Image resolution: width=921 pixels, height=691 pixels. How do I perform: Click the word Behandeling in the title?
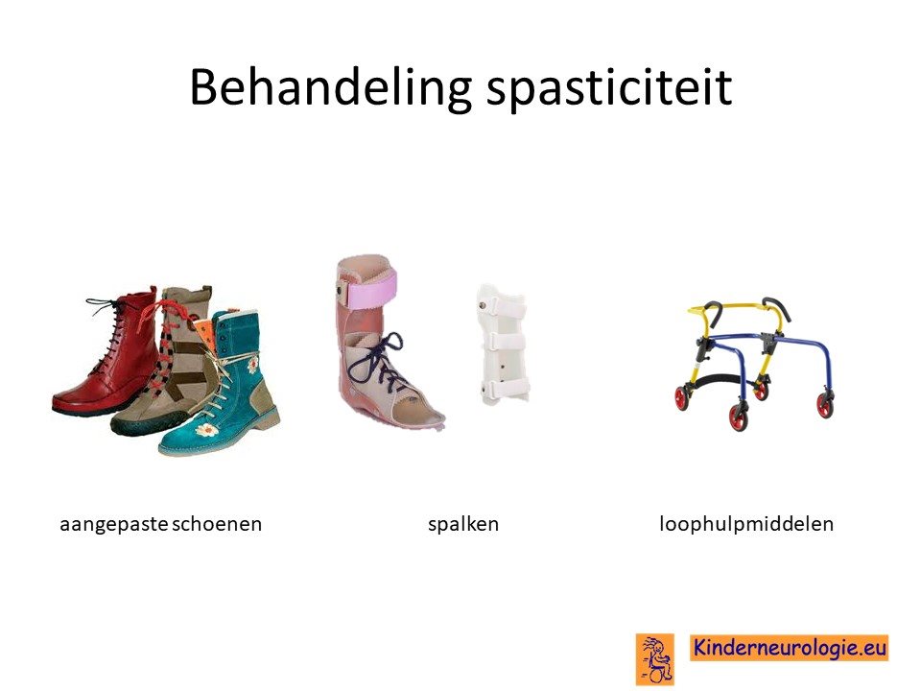coord(331,88)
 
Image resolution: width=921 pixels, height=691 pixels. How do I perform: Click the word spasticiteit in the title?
coord(610,88)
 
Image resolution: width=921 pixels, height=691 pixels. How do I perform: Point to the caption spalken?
coord(462,524)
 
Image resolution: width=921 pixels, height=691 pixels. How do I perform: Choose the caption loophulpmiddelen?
coord(746,524)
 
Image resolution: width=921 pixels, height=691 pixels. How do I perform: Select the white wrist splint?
coord(502,345)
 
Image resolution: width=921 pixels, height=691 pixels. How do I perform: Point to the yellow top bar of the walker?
coord(742,306)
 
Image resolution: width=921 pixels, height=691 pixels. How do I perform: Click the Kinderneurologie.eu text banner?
coord(789,648)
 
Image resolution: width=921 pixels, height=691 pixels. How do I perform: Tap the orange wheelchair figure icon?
coord(655,658)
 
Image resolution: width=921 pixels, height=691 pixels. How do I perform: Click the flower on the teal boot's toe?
coord(207,430)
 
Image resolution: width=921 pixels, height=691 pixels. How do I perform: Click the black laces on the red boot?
coord(111,335)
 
